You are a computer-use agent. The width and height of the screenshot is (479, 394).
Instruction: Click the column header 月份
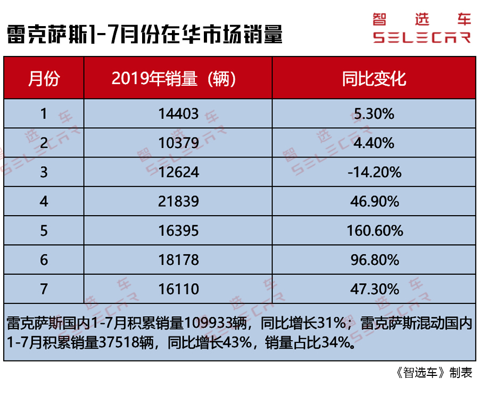pos(44,79)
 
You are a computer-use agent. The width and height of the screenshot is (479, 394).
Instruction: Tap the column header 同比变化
pos(374,79)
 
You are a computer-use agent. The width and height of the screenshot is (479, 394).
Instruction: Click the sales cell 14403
pos(178,113)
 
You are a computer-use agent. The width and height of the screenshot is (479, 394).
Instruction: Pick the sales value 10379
pos(178,143)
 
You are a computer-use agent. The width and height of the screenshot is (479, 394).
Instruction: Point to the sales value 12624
pos(178,172)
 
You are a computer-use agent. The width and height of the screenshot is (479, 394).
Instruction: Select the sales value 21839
pos(178,201)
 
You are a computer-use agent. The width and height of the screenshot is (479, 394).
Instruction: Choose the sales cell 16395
pos(178,231)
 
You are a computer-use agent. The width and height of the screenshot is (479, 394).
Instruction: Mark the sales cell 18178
pos(178,260)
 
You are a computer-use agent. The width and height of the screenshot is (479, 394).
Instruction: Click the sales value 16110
pos(178,289)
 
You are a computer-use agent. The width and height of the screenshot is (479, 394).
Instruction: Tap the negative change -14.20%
pos(374,172)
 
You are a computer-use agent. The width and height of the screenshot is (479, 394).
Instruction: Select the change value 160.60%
pos(374,231)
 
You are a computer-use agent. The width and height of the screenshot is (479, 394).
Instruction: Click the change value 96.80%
pos(374,260)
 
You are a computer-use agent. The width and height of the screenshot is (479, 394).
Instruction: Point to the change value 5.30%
pos(374,113)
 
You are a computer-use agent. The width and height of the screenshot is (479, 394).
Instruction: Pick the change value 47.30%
pos(374,289)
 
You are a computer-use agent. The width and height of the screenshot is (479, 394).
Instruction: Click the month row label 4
pos(44,201)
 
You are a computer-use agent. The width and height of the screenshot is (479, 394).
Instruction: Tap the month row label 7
pos(44,289)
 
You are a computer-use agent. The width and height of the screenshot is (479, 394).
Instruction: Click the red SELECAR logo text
pos(422,38)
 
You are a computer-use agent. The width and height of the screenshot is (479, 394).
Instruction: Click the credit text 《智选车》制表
pos(435,373)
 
